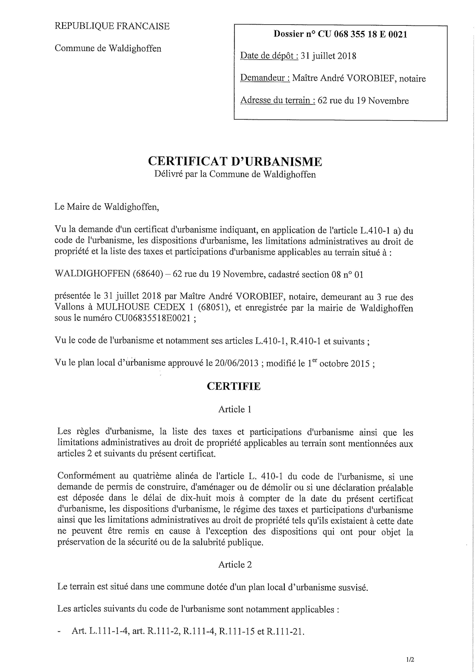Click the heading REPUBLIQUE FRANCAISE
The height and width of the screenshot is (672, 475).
(112, 26)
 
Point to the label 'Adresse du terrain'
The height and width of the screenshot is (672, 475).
(277, 101)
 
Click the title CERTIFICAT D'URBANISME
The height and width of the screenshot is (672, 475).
(235, 161)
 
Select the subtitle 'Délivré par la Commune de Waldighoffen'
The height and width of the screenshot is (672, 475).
(235, 174)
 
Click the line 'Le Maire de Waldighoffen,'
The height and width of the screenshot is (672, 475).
(107, 207)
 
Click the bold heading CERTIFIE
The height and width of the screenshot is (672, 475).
(234, 386)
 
